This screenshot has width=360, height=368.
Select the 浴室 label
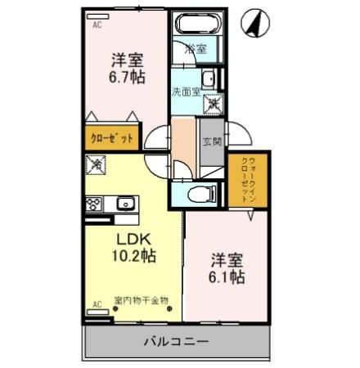coord(195,50)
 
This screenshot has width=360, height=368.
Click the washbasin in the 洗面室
coord(209,79)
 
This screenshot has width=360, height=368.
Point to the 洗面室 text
coord(185,92)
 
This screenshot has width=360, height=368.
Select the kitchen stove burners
coord(93,204)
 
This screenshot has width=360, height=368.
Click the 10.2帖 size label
coord(133,255)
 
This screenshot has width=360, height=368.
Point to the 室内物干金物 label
coord(141,300)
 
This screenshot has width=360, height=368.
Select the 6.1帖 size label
coord(226,276)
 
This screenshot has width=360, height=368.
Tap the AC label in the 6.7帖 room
coord(97,25)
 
